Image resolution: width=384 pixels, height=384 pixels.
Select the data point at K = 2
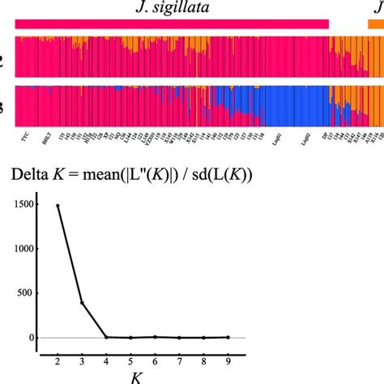[58, 206]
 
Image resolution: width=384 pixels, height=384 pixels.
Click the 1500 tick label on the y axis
[26, 206]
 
